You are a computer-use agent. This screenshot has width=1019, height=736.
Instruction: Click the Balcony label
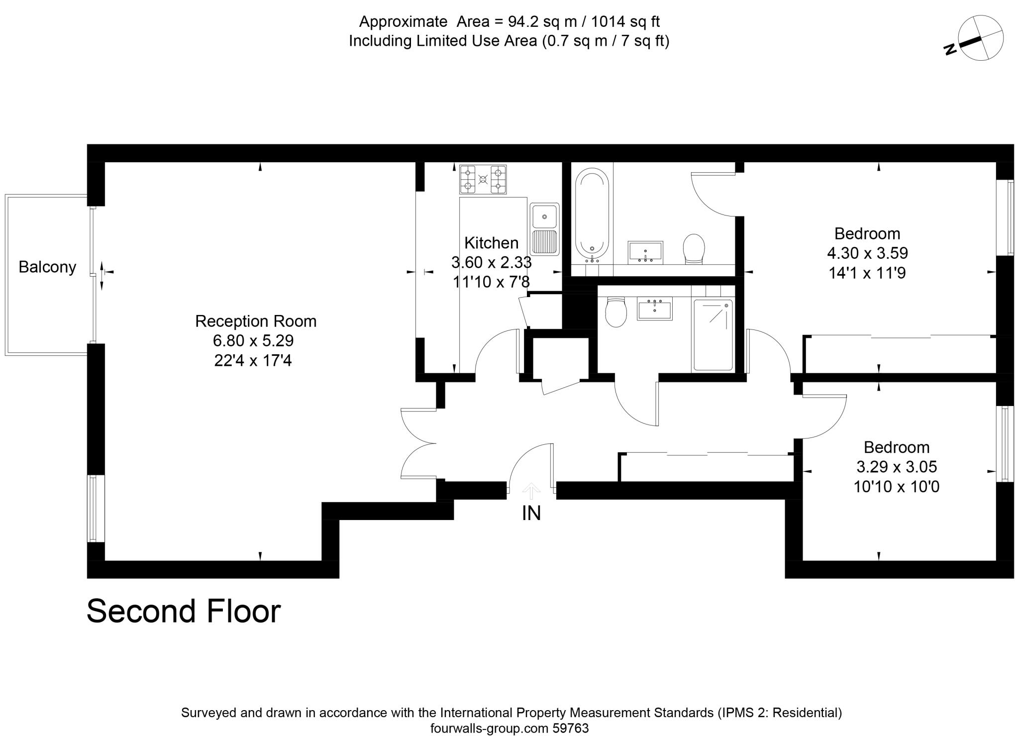pyautogui.click(x=47, y=267)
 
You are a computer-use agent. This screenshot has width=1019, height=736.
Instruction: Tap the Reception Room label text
pyautogui.click(x=256, y=321)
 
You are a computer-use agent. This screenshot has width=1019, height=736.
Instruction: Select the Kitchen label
pyautogui.click(x=491, y=243)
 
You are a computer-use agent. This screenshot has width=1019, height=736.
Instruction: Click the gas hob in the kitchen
pyautogui.click(x=483, y=180)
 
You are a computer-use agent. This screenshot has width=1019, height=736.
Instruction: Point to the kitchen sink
pyautogui.click(x=545, y=228)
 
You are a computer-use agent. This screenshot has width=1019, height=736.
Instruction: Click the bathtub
pyautogui.click(x=592, y=215)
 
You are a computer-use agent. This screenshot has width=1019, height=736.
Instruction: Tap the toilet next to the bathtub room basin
pyautogui.click(x=694, y=249)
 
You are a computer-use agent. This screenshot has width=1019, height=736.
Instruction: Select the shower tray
pyautogui.click(x=713, y=334)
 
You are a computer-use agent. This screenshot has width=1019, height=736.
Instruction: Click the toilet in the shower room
pyautogui.click(x=615, y=312)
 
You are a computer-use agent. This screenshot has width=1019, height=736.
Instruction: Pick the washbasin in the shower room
pyautogui.click(x=655, y=308)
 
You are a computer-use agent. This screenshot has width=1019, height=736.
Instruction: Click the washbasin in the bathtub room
pyautogui.click(x=645, y=252)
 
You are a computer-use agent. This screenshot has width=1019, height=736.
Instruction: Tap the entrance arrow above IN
pyautogui.click(x=531, y=491)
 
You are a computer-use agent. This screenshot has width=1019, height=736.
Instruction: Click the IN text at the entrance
pyautogui.click(x=531, y=513)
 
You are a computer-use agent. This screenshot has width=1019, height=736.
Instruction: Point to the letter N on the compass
pyautogui.click(x=950, y=49)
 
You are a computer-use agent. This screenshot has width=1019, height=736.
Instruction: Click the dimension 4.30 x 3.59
pyautogui.click(x=867, y=253)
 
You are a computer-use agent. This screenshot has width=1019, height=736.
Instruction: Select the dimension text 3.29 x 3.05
pyautogui.click(x=897, y=467)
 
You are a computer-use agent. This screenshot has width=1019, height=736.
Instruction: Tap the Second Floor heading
pyautogui.click(x=184, y=611)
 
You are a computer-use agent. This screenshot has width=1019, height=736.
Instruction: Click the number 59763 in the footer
pyautogui.click(x=571, y=729)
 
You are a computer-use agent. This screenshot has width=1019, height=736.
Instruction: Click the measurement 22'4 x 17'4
pyautogui.click(x=253, y=360)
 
